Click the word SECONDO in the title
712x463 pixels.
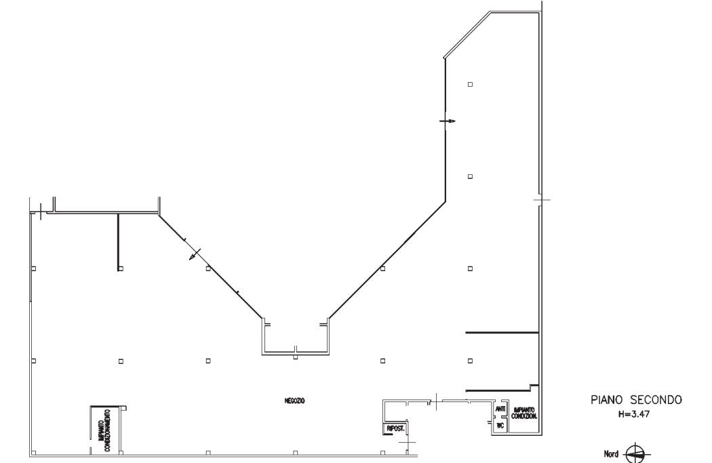pos(656,400)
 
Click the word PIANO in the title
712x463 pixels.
pos(606,400)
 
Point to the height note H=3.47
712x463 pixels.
pos(634,414)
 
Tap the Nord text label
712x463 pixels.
pos(611,454)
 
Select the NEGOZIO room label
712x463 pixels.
pos(295,401)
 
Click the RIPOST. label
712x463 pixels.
pos(395,428)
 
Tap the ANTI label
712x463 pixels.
pos(500,409)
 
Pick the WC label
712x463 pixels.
pos(500,426)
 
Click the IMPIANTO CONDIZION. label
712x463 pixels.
pos(524,413)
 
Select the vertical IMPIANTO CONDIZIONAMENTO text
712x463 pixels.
pos(104,430)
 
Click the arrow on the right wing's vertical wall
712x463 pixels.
pos(448,121)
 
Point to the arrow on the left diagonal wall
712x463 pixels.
pos(195,255)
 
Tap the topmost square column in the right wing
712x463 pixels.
pos(471,85)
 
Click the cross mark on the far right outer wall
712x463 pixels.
pos(541,200)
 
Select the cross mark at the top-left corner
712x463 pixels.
pos(41,212)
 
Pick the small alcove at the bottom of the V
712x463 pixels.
pos(295,336)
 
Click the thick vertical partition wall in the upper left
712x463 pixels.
pos(118,241)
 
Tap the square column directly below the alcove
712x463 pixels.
pos(295,358)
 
